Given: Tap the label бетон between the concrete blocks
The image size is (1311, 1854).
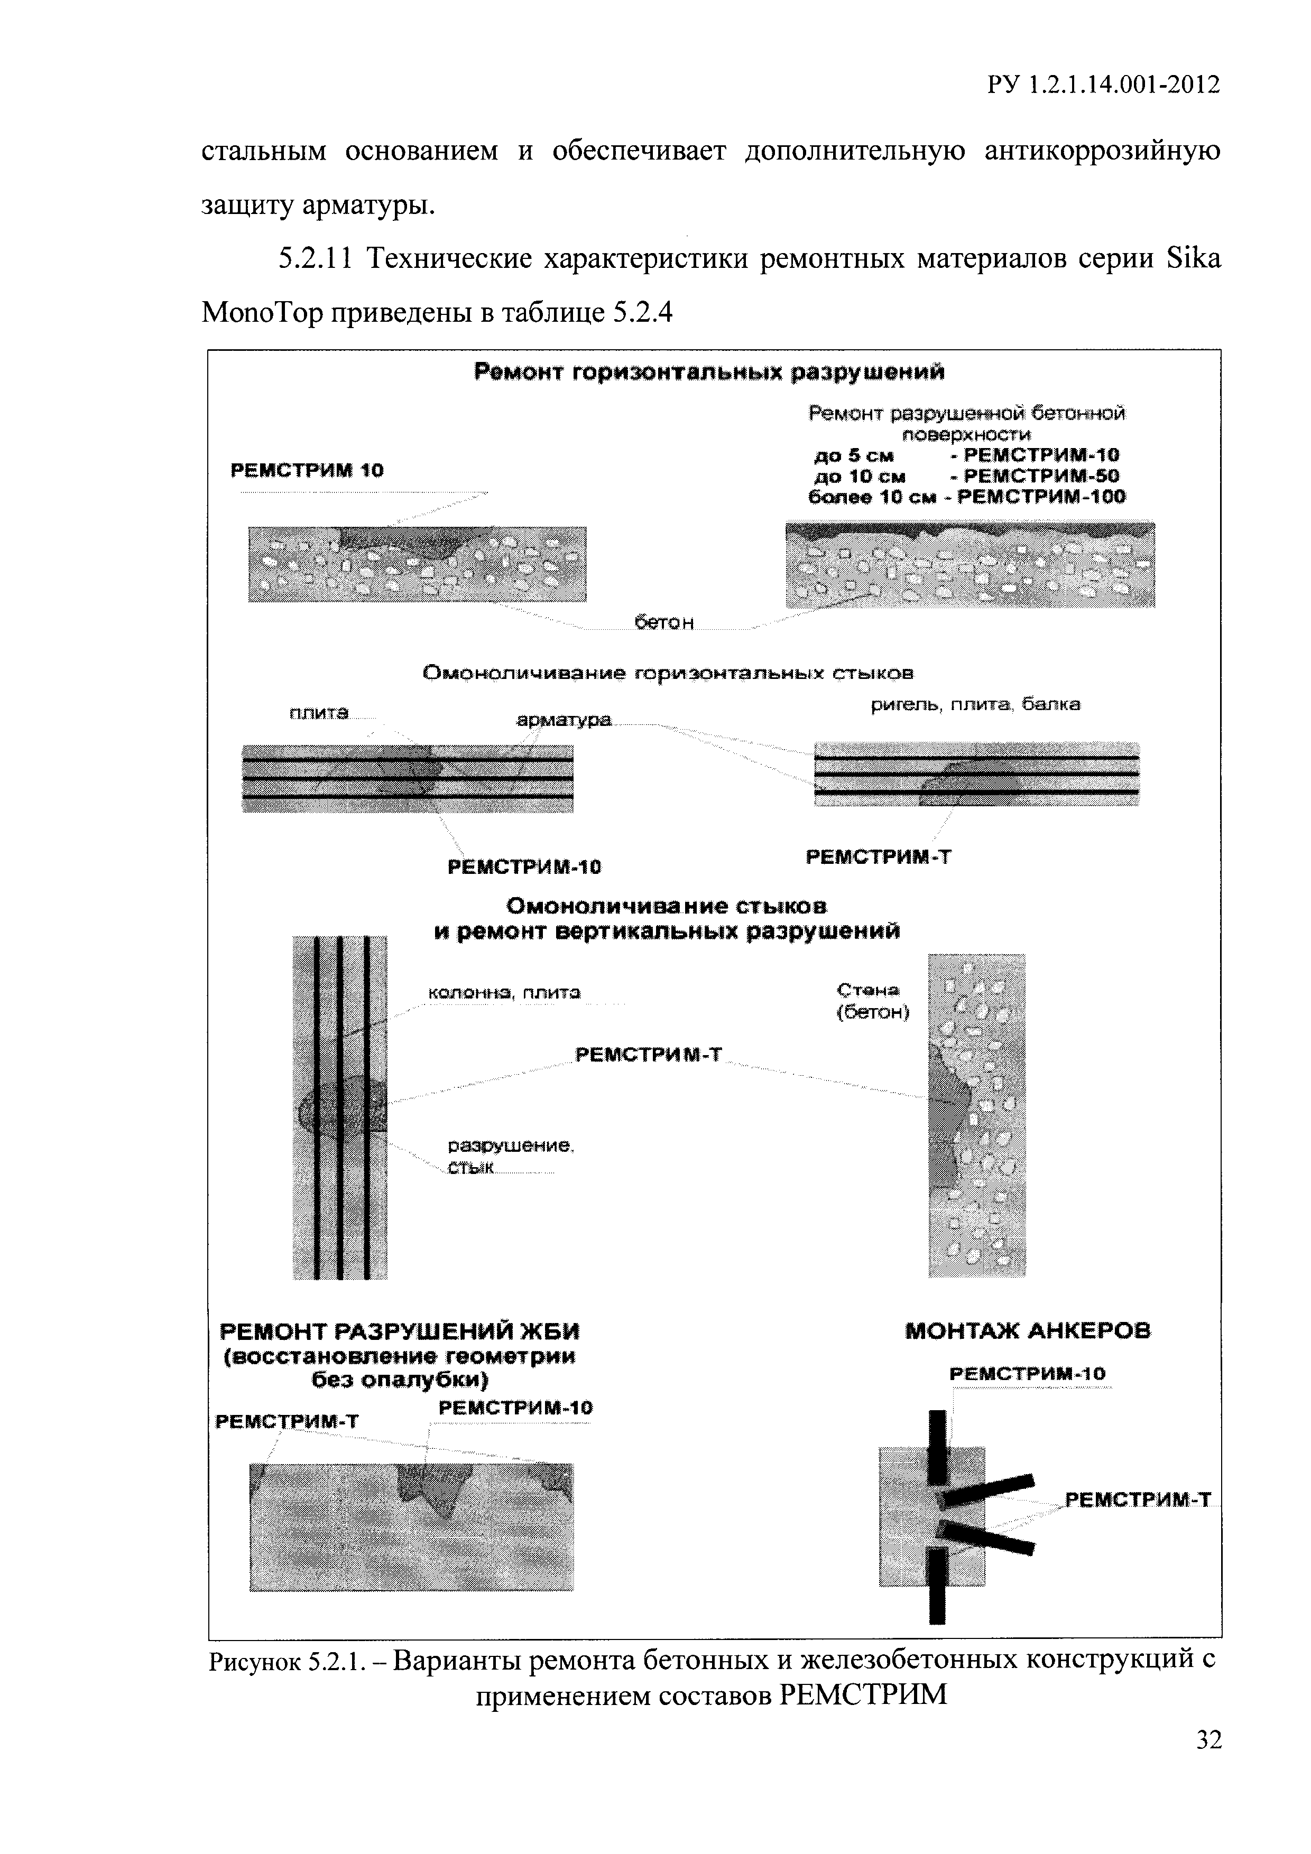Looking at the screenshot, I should point(664,622).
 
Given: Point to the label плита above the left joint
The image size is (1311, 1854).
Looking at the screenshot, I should point(318,713).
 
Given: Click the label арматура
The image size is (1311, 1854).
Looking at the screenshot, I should point(564,720).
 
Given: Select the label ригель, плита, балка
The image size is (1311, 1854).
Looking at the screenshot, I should point(975,705).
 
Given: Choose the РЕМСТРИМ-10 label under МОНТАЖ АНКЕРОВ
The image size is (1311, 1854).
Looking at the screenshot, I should point(1028,1374).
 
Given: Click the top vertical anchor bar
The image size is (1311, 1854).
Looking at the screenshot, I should point(937,1446).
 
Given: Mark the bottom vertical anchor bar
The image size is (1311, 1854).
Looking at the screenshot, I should point(937,1586).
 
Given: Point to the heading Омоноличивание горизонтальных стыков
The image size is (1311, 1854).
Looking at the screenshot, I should point(669,673).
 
